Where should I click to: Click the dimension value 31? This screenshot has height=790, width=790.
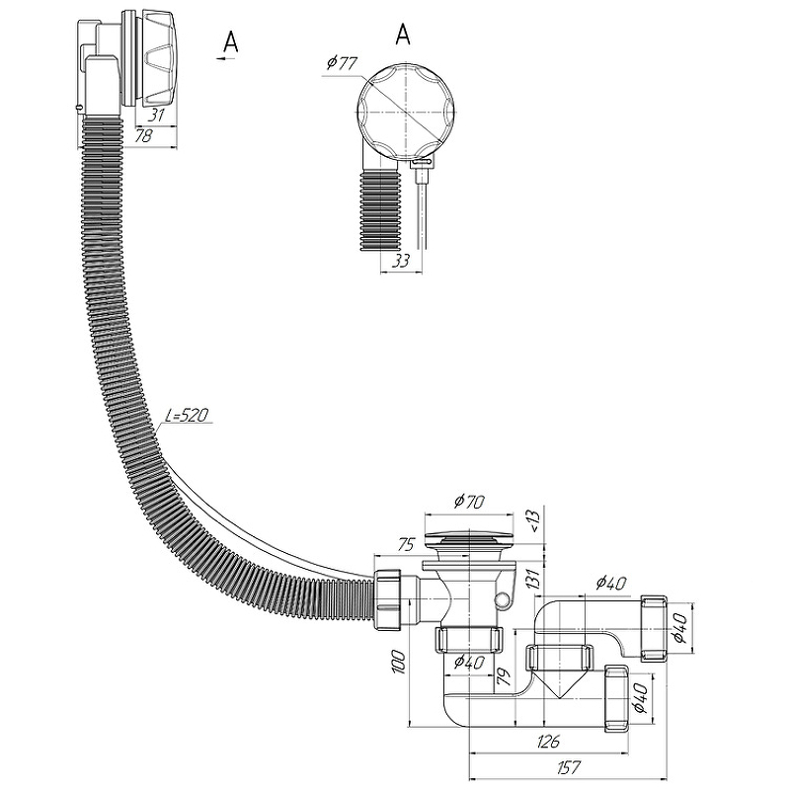coord(157,116)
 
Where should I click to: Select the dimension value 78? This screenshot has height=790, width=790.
coord(143,135)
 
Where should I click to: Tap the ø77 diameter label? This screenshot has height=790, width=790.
coord(342,63)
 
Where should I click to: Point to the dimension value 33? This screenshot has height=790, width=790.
coord(401,261)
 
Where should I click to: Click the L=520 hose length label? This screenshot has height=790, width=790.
coord(187,415)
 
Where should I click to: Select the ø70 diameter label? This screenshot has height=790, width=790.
coord(469,502)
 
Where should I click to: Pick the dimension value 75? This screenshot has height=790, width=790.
coord(406,545)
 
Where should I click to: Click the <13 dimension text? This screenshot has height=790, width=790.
coord(534,522)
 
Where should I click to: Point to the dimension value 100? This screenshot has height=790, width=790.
coord(398,663)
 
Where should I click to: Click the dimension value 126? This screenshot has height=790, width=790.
coord(548,742)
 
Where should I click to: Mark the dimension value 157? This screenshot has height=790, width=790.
coord(570,767)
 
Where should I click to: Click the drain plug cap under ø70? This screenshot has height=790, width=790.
coord(469,537)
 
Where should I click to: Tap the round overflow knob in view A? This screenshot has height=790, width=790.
coord(407,112)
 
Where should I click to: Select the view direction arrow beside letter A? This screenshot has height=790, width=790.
coord(227,59)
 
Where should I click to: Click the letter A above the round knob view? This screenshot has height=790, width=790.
coord(403,35)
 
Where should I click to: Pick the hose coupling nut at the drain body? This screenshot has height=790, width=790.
coord(388,599)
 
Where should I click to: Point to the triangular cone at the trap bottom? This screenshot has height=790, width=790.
coord(558,683)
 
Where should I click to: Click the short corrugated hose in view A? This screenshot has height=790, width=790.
coord(380,210)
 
